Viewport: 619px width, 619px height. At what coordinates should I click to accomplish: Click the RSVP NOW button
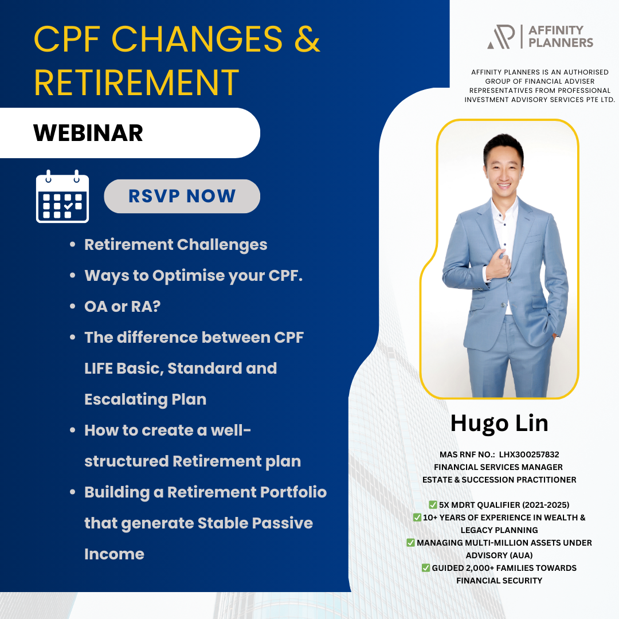[x=182, y=196]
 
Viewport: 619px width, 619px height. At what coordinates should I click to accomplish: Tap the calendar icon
[x=62, y=197]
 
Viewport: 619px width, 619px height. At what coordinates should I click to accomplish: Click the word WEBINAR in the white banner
[x=88, y=133]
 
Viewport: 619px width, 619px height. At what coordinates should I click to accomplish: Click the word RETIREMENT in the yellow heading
[x=136, y=82]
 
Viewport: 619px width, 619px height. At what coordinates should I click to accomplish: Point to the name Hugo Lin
[x=499, y=423]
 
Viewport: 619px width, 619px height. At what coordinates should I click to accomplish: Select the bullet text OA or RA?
[x=122, y=306]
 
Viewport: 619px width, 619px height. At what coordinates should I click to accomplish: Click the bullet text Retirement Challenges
[x=176, y=244]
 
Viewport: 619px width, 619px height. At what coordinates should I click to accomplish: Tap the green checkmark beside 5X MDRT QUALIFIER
[x=433, y=504]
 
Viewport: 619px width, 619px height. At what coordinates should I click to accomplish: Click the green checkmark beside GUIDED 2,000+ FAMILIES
[x=426, y=567]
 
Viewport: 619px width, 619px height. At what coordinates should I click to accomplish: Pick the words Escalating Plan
[x=145, y=399]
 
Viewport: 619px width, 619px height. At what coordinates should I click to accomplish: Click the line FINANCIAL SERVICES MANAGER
[x=498, y=467]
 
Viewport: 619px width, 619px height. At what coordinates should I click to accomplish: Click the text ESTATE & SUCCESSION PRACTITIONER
[x=499, y=479]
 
